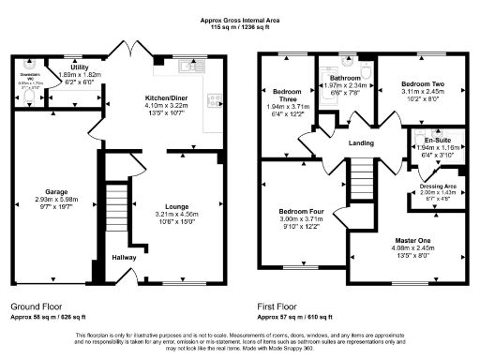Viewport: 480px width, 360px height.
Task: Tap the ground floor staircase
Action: click(113, 211)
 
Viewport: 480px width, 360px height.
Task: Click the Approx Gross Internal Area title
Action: click(241, 19)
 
